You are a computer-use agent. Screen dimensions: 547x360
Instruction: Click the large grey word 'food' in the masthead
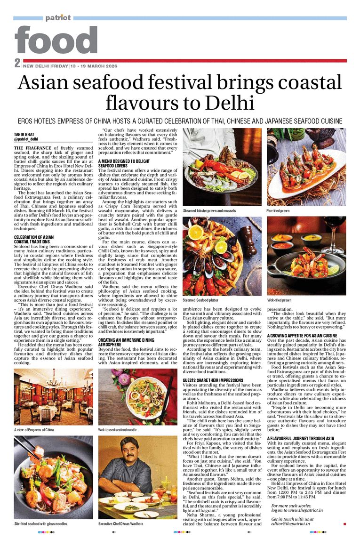56,40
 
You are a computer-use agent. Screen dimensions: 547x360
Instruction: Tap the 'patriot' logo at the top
58,17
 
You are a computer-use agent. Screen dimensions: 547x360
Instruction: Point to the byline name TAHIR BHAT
24,135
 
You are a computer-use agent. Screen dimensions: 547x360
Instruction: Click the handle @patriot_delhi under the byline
26,140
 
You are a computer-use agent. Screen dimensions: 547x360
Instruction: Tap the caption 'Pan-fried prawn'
279,211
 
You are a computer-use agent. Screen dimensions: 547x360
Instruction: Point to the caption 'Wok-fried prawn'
279,300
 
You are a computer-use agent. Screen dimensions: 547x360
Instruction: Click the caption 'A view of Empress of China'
34,430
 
